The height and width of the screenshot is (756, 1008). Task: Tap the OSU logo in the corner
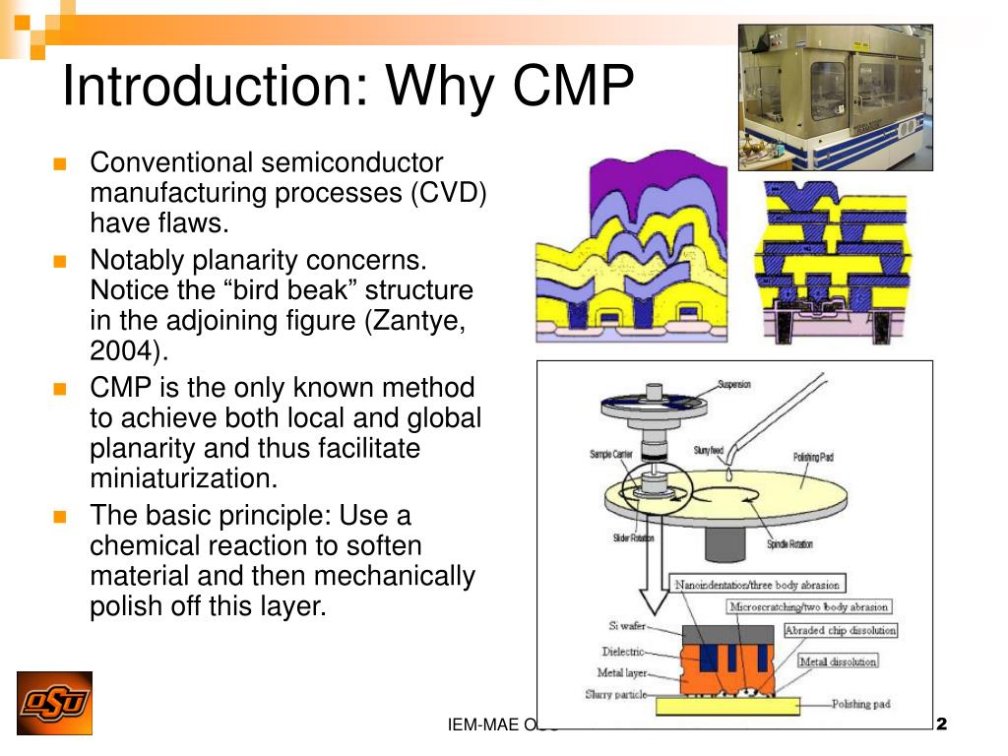pyautogui.click(x=54, y=703)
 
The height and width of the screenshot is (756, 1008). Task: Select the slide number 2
pyautogui.click(x=940, y=724)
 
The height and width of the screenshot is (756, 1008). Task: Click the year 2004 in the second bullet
pyautogui.click(x=125, y=351)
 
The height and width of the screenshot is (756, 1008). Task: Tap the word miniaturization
pyautogui.click(x=184, y=478)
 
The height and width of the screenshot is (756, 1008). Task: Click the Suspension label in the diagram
pyautogui.click(x=734, y=384)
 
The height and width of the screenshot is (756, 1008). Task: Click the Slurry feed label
pyautogui.click(x=708, y=450)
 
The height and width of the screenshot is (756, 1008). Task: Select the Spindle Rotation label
pyautogui.click(x=789, y=544)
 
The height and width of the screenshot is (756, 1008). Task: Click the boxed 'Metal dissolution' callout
pyautogui.click(x=837, y=661)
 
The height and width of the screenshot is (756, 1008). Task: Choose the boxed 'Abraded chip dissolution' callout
pyautogui.click(x=840, y=630)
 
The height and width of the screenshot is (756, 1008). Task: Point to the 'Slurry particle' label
pyautogui.click(x=615, y=695)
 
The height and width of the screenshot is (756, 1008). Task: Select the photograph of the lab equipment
pyautogui.click(x=835, y=96)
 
